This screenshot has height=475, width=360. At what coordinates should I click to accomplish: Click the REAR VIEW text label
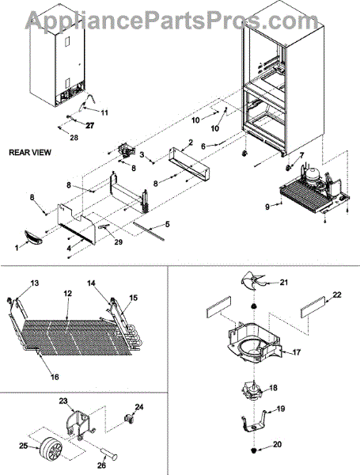tap(30, 152)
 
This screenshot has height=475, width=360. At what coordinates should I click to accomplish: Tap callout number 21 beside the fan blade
tap(283, 283)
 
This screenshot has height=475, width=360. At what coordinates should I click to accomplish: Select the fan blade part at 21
tap(252, 281)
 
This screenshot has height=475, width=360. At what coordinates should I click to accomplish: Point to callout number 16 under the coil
tap(55, 377)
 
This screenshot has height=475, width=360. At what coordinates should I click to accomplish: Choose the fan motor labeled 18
tap(253, 391)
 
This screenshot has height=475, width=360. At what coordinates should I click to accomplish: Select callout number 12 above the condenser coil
tap(67, 293)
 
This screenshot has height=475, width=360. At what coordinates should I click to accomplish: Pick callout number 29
tap(119, 241)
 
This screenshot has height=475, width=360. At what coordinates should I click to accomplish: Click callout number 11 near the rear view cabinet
tap(104, 112)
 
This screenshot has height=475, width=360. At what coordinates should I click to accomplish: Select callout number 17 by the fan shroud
tap(297, 352)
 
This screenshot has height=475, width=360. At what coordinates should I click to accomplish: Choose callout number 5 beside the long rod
tap(168, 225)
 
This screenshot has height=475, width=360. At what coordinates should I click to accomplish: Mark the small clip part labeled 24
tap(129, 419)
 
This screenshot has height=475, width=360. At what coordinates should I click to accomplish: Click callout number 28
tap(74, 138)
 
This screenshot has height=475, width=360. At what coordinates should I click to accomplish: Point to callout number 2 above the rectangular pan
tap(191, 142)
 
